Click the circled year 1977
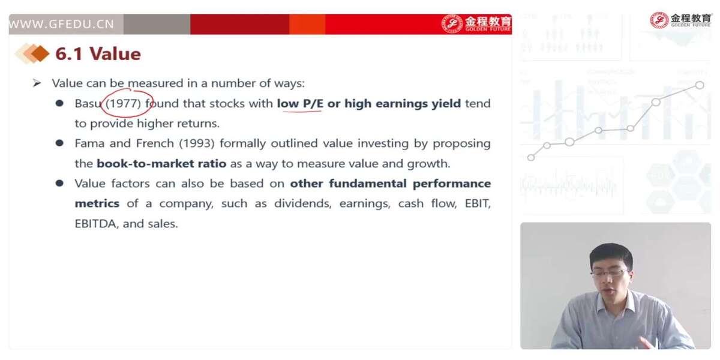click(x=124, y=103)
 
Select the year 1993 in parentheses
click(x=197, y=143)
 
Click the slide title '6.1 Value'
click(x=98, y=53)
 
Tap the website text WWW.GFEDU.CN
click(x=61, y=24)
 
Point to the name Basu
click(x=88, y=103)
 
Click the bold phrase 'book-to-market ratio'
click(x=161, y=164)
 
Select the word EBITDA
click(x=95, y=223)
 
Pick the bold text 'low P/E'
click(x=300, y=103)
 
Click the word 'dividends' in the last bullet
click(x=303, y=203)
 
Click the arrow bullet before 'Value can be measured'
click(x=37, y=83)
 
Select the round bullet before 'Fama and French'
click(x=59, y=143)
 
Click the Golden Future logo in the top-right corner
click(x=680, y=20)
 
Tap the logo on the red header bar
click(x=476, y=23)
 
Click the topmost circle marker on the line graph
click(x=700, y=85)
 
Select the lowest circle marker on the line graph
click(x=531, y=157)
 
